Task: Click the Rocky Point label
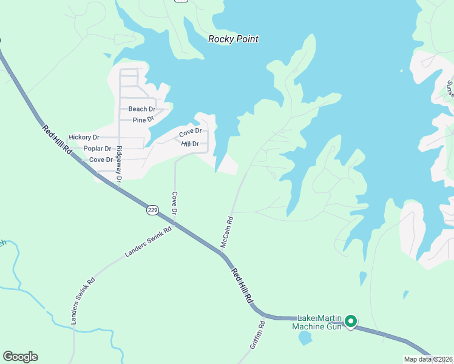233,39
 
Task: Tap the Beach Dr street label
142,109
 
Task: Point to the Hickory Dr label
84,138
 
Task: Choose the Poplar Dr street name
97,149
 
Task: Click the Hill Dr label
191,144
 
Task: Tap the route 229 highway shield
152,210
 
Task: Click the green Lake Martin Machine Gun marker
351,322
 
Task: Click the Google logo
20,357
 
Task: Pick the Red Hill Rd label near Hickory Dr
58,139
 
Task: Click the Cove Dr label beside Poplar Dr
101,160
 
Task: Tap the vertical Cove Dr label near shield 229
174,204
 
